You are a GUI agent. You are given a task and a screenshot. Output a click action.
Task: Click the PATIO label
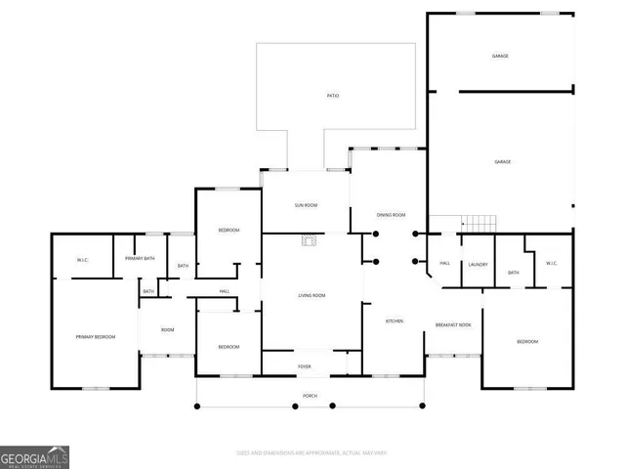333,96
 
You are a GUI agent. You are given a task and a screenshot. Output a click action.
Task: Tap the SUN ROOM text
307,205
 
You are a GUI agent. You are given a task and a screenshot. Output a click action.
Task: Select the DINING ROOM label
392,214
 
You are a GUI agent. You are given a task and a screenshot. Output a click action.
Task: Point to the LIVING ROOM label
312,295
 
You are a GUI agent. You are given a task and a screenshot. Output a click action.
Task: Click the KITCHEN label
395,320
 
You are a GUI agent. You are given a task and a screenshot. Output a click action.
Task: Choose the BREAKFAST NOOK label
453,324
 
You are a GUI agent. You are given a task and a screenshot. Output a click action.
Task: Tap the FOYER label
305,366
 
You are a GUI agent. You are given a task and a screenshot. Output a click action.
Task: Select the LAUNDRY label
478,264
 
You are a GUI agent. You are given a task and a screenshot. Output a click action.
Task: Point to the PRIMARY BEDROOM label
96,337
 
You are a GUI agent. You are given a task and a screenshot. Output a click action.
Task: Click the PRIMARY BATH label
140,258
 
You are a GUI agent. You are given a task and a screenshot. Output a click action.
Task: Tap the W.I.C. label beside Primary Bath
83,260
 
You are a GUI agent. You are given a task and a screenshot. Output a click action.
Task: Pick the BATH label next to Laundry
513,273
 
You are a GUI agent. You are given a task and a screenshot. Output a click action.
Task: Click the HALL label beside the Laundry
444,264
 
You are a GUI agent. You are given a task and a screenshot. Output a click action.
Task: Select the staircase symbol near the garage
479,223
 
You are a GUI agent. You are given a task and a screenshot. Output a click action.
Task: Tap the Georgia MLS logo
35,457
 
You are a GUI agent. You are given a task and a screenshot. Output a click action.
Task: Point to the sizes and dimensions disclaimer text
312,452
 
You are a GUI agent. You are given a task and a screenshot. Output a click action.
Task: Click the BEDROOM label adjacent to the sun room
229,230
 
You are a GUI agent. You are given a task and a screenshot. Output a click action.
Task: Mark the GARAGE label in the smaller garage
500,57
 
